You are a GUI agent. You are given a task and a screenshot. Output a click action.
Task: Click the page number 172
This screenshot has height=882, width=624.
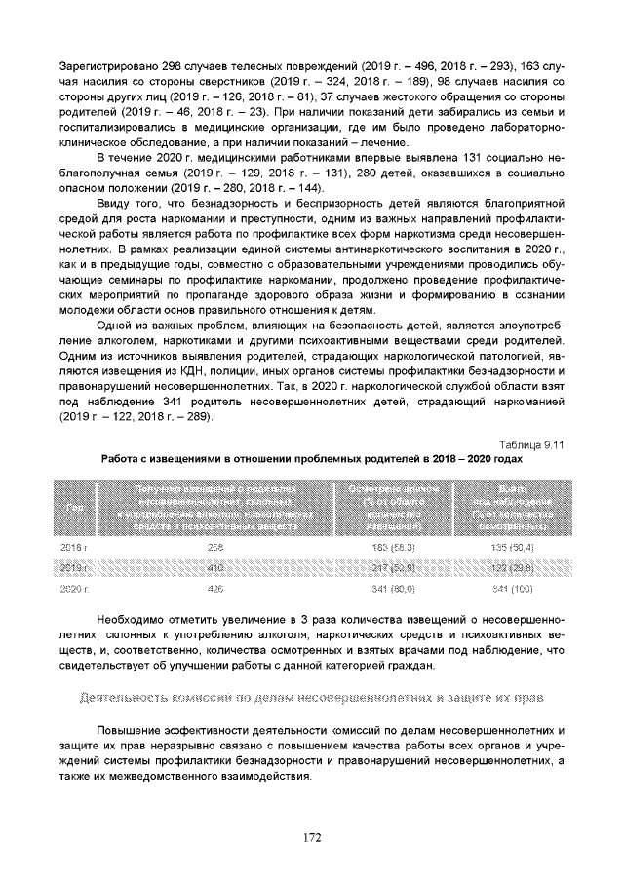point(312,836)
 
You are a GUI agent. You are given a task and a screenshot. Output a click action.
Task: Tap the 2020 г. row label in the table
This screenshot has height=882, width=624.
point(74,589)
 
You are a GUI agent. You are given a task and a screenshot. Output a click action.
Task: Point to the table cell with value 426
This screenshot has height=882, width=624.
point(216,589)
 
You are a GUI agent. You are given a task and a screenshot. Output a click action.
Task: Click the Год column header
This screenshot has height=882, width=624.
point(74,507)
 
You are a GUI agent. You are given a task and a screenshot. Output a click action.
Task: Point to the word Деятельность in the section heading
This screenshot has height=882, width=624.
point(122,699)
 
